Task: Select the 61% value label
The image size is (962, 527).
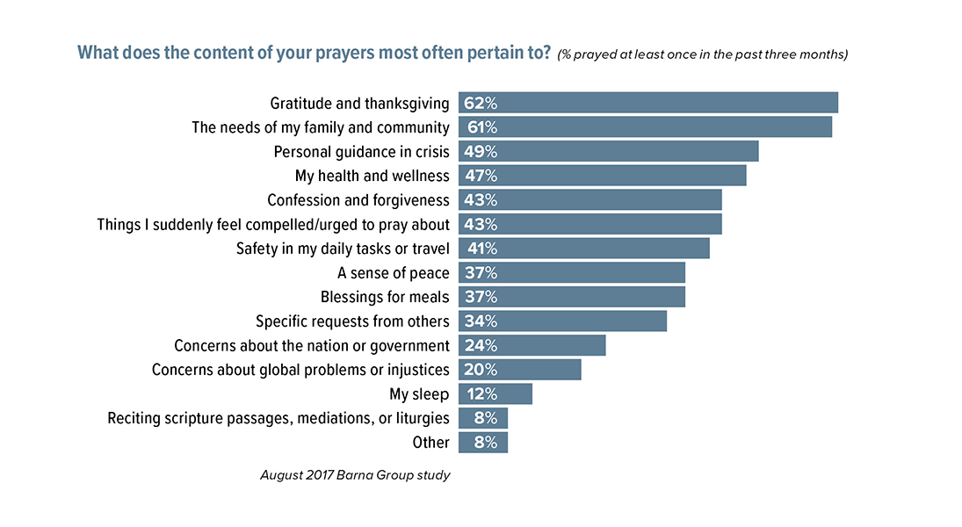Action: click(x=481, y=127)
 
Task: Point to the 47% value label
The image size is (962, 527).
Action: click(x=481, y=176)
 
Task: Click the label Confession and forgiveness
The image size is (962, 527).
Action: click(x=358, y=200)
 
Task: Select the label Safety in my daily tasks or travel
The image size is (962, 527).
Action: click(x=343, y=249)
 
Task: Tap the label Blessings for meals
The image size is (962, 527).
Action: click(x=385, y=297)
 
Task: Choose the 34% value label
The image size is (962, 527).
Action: click(x=481, y=321)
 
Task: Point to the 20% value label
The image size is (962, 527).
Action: click(x=481, y=370)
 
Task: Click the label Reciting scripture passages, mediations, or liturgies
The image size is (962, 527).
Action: click(x=278, y=418)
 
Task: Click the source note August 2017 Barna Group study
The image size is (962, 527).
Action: click(x=355, y=475)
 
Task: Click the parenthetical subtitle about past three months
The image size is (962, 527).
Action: click(x=702, y=54)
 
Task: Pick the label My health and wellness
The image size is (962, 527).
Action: click(x=373, y=176)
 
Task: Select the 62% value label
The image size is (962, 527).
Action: click(x=481, y=103)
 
